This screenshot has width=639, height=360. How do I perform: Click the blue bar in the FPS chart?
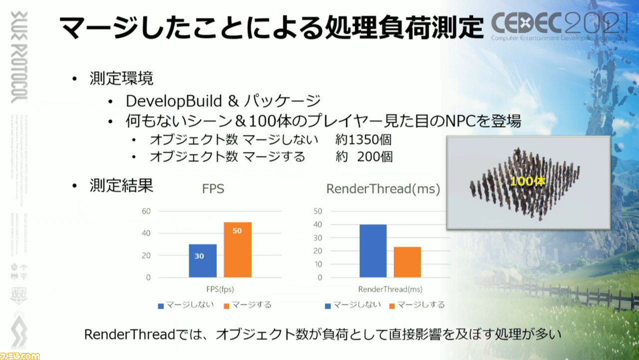pyautogui.click(x=203, y=260)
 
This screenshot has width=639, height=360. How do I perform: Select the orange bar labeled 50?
pyautogui.click(x=238, y=249)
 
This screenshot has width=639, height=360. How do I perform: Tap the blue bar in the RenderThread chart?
pyautogui.click(x=373, y=250)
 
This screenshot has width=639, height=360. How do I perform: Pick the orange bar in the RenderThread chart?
pyautogui.click(x=407, y=262)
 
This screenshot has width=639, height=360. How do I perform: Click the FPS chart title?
pyautogui.click(x=213, y=189)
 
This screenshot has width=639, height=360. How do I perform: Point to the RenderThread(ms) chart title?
pyautogui.click(x=383, y=189)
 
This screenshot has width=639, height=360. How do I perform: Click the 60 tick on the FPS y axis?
pyautogui.click(x=146, y=211)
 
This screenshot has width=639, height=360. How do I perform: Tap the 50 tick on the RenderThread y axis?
pyautogui.click(x=318, y=211)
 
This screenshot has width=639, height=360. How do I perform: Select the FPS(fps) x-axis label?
pyautogui.click(x=220, y=289)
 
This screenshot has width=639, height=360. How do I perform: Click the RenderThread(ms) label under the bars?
pyautogui.click(x=390, y=289)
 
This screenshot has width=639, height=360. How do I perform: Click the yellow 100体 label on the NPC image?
pyautogui.click(x=528, y=181)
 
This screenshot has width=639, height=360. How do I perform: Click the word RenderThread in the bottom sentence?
pyautogui.click(x=128, y=334)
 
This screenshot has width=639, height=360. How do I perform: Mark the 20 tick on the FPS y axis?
pyautogui.click(x=146, y=255)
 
